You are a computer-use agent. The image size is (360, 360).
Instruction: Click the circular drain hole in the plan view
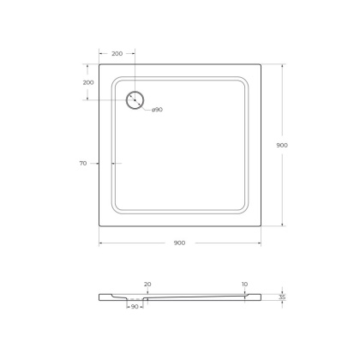[135, 99]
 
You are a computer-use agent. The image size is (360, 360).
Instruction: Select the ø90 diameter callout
[158, 110]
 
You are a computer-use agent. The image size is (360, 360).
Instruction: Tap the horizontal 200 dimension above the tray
[117, 53]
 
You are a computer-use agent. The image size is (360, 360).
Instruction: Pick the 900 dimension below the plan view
[179, 243]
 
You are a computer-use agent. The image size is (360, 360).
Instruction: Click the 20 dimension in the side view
[147, 284]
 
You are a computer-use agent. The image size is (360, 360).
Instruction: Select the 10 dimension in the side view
[244, 284]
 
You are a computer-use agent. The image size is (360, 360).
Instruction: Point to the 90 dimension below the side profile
[135, 306]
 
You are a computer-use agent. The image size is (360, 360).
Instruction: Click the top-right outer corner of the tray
[261, 63]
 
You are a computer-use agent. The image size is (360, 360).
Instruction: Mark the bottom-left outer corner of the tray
[99, 225]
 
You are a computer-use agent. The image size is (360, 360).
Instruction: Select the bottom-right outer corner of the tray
[261, 225]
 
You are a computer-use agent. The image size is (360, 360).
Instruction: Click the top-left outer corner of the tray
[99, 63]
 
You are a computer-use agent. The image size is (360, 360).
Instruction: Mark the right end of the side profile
[261, 297]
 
